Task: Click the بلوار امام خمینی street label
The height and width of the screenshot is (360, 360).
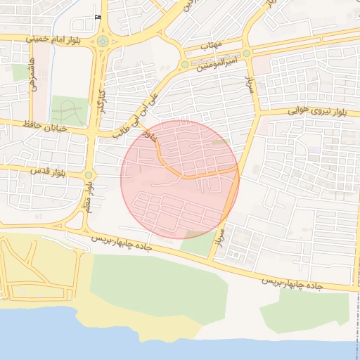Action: click(x=57, y=39)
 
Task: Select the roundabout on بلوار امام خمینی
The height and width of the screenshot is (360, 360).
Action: click(x=103, y=41)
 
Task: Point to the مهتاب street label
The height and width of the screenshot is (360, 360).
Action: click(x=211, y=45)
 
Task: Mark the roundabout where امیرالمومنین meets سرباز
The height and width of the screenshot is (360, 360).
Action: click(x=247, y=53)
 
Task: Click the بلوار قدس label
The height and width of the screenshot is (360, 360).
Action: click(x=48, y=172)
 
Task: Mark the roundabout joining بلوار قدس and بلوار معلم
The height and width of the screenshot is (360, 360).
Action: click(x=89, y=175)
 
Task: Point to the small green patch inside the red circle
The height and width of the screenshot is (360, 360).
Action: click(x=221, y=143)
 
